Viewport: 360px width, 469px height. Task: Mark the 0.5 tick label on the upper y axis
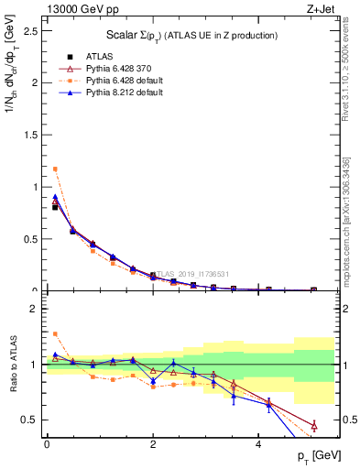tap(31, 239)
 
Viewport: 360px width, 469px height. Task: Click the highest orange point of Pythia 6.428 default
tap(55, 169)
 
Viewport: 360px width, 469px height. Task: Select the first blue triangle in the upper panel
tap(55, 196)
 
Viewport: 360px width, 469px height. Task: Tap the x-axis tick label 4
tap(260, 444)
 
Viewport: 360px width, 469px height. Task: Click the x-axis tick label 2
tap(153, 444)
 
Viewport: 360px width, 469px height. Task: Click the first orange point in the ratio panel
tap(55, 333)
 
